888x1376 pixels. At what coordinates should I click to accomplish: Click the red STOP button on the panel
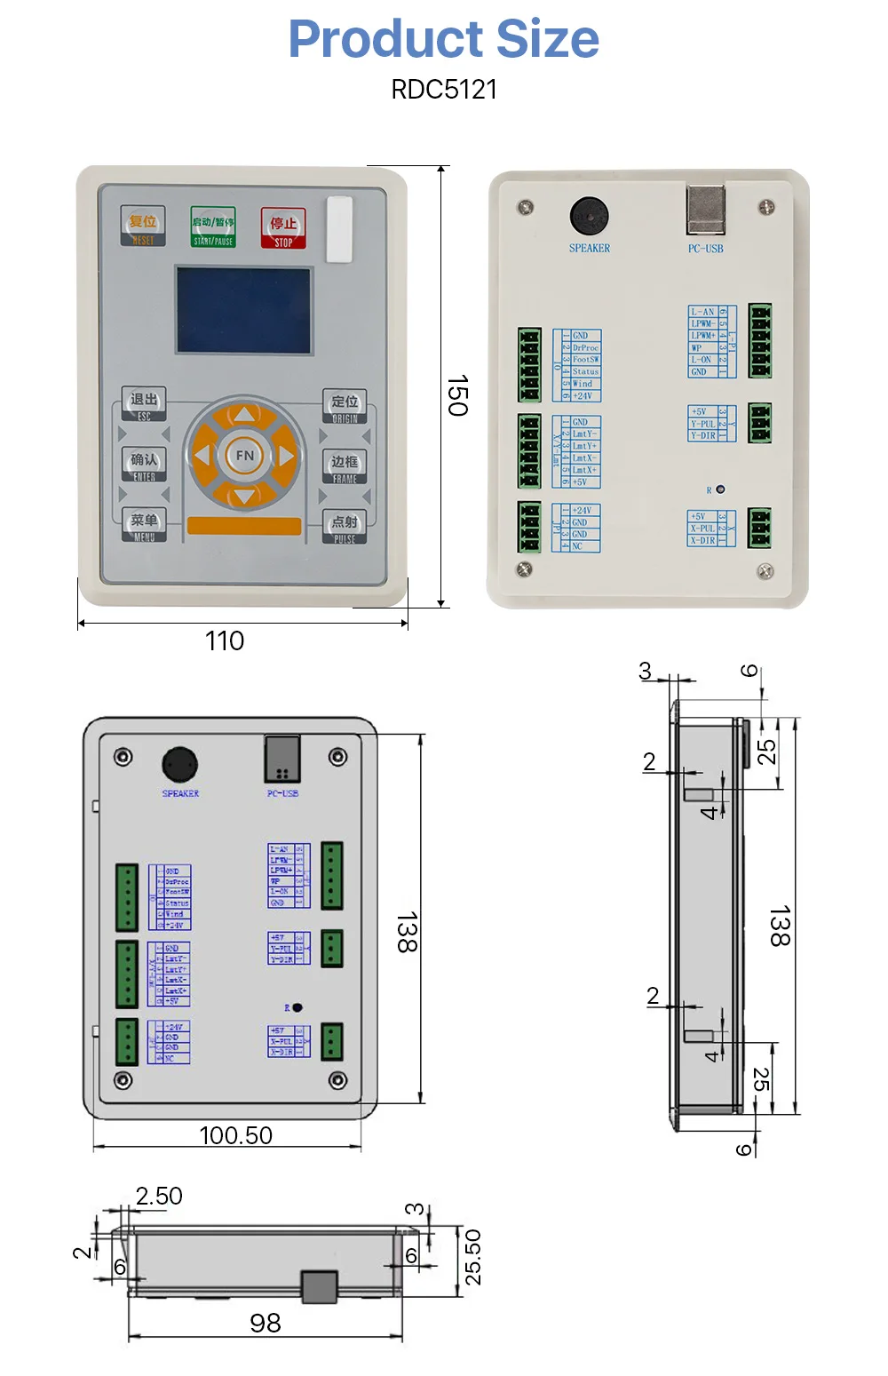point(282,227)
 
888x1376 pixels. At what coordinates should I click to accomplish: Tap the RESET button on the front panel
point(143,226)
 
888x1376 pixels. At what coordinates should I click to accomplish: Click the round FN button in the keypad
point(244,456)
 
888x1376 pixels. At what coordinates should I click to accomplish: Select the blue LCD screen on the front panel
point(243,310)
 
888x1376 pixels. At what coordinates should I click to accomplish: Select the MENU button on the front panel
point(144,525)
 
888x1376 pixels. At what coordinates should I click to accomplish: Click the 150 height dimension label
point(456,395)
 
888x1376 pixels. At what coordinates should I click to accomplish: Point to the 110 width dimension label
point(225,640)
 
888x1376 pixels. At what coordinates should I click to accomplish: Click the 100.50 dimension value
point(235,1135)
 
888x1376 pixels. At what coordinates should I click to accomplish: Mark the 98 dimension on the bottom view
point(265,1323)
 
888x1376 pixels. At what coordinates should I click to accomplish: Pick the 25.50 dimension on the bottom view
point(473,1257)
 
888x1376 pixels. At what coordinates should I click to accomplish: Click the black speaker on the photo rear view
point(589,216)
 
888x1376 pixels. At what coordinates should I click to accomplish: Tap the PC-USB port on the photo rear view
point(705,210)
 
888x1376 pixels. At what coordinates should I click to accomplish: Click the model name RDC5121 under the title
point(444,90)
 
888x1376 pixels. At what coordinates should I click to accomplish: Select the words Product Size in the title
point(444,39)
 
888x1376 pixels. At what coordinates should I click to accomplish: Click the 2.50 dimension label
point(159,1197)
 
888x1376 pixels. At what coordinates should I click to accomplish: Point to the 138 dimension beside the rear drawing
point(406,933)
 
